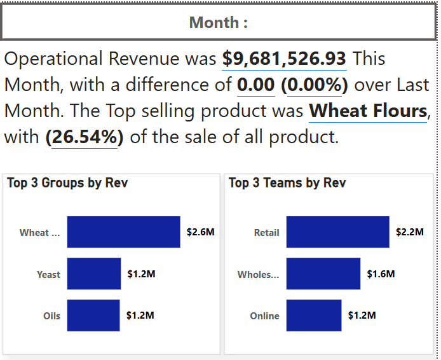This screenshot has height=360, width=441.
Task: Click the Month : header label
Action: pyautogui.click(x=219, y=23)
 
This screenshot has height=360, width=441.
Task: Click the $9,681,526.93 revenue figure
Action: pyautogui.click(x=284, y=59)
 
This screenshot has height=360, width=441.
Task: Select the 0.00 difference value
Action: pyautogui.click(x=256, y=85)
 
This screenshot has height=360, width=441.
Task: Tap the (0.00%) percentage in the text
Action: pyautogui.click(x=314, y=85)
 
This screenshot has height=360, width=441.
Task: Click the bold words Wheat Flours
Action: pyautogui.click(x=368, y=111)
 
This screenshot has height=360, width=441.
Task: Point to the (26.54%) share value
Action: pyautogui.click(x=85, y=137)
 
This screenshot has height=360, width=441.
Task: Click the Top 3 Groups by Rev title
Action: pyautogui.click(x=67, y=183)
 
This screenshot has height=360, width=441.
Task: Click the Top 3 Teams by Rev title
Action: pyautogui.click(x=287, y=183)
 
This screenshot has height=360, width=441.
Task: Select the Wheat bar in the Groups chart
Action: pyautogui.click(x=123, y=232)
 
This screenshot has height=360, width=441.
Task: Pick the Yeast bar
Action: pyautogui.click(x=93, y=274)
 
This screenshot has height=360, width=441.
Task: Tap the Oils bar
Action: pyautogui.click(x=93, y=315)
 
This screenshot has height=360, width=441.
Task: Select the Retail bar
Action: pyautogui.click(x=337, y=232)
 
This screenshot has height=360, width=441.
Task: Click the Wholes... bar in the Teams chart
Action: pyautogui.click(x=323, y=274)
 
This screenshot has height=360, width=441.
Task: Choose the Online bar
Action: pyautogui.click(x=313, y=315)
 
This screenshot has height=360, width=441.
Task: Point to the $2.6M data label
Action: pyautogui.click(x=200, y=232)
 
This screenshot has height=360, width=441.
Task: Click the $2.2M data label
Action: pyautogui.click(x=409, y=232)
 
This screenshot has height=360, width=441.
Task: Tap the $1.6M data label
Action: pyautogui.click(x=381, y=274)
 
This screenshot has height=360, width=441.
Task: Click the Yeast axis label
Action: pyautogui.click(x=48, y=275)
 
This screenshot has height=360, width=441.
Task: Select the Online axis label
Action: pyautogui.click(x=264, y=316)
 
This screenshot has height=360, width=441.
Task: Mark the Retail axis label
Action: pyautogui.click(x=266, y=233)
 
